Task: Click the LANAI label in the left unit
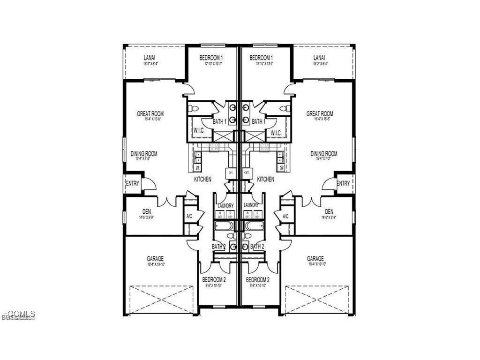pyautogui.click(x=149, y=58)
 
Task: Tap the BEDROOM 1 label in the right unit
pyautogui.click(x=261, y=58)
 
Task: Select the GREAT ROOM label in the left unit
pyautogui.click(x=150, y=113)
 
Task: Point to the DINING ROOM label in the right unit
pyautogui.click(x=324, y=153)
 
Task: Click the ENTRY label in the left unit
pyautogui.click(x=133, y=183)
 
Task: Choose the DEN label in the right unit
pyautogui.click(x=329, y=212)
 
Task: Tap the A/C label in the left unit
pyautogui.click(x=189, y=217)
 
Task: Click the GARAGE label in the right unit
pyautogui.click(x=315, y=258)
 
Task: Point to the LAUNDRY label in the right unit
pyautogui.click(x=251, y=205)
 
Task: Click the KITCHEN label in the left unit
pyautogui.click(x=203, y=179)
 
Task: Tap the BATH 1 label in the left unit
pyautogui.click(x=219, y=122)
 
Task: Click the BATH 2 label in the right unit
pyautogui.click(x=257, y=246)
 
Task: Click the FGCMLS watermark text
pyautogui.click(x=19, y=314)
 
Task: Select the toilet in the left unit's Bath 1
pyautogui.click(x=194, y=109)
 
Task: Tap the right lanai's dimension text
pyautogui.click(x=321, y=63)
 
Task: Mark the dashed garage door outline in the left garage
pyautogui.click(x=160, y=300)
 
